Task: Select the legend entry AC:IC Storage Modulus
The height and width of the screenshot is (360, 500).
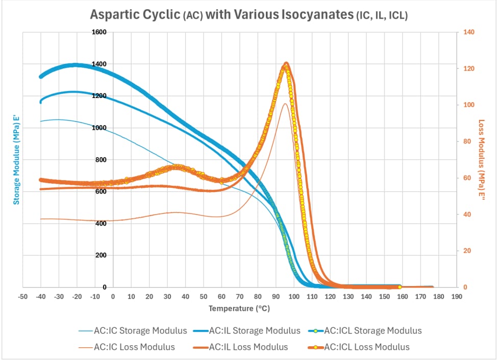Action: click(133, 331)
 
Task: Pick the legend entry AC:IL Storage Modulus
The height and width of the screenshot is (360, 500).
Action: click(247, 331)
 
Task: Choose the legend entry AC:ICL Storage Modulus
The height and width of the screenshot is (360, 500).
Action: click(365, 331)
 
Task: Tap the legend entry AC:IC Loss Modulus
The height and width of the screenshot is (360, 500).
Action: click(127, 347)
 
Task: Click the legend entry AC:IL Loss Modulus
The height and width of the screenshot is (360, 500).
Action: click(241, 347)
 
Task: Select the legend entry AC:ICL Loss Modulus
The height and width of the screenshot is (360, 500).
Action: click(359, 347)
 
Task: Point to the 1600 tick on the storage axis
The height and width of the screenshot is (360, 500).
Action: click(99, 32)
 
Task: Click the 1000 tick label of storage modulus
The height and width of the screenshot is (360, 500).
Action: click(99, 128)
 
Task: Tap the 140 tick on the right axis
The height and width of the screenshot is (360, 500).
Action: click(469, 32)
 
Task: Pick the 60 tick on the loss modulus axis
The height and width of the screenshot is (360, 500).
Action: click(467, 178)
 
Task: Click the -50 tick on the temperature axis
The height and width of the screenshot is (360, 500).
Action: click(22, 297)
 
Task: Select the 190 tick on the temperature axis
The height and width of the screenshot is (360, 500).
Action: click(457, 297)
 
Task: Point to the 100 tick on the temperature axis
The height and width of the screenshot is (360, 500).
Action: click(294, 297)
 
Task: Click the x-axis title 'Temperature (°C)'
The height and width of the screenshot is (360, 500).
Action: click(239, 308)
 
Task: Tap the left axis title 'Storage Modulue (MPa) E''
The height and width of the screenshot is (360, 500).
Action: click(16, 160)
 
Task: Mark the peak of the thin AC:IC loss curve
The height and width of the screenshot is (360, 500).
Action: click(285, 104)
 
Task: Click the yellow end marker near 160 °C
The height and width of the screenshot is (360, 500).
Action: click(399, 287)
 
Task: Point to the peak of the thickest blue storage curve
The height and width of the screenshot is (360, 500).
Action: click(76, 65)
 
